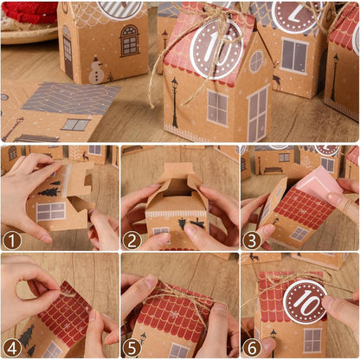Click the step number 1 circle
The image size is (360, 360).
coord(11,240)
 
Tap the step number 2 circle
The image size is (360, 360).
coord(132,240)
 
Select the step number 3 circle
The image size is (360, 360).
coord(253,240)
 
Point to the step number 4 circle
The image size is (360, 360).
coord(11,347)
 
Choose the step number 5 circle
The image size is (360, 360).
coord(132,347)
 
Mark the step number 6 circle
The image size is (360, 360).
coord(253,347)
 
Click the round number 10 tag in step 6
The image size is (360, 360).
coord(305,301)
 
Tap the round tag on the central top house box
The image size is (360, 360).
coord(216,49)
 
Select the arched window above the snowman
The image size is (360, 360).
coord(129,40)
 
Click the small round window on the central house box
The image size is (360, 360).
coord(255,61)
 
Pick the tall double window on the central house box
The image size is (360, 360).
coord(258,113)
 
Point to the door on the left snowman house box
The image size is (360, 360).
coord(67,52)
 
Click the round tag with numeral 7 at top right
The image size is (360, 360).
coord(297,15)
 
